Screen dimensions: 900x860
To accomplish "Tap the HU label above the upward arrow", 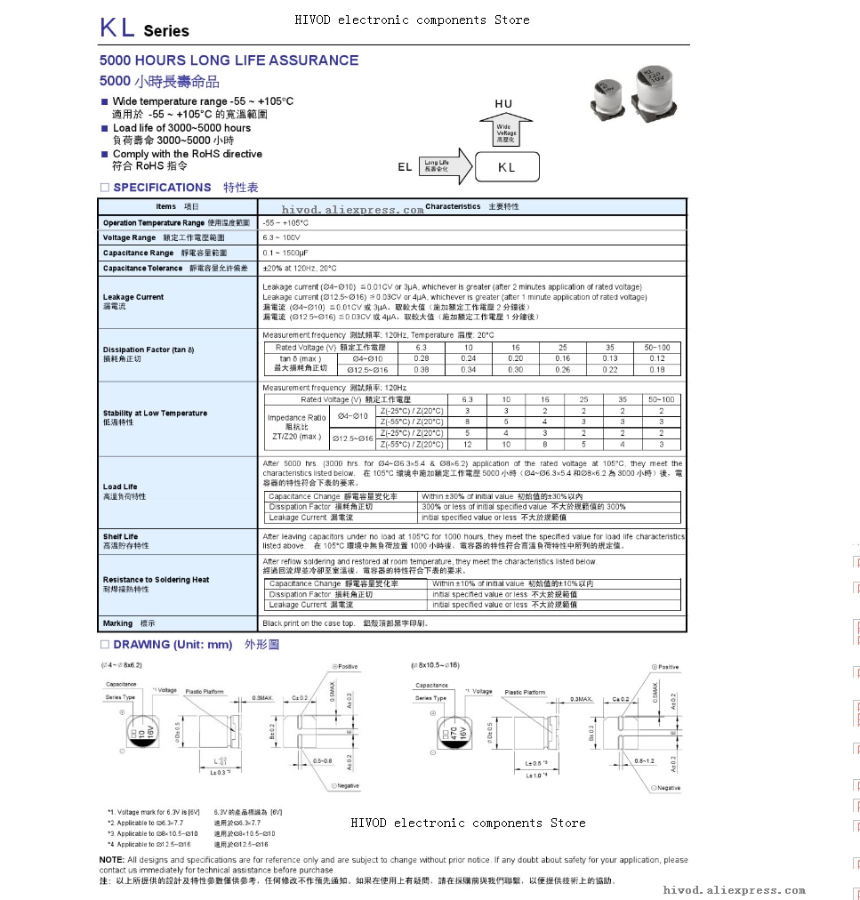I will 503,104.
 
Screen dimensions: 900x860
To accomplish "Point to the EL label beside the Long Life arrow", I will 405,167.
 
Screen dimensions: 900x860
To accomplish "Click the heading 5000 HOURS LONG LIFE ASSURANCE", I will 229,60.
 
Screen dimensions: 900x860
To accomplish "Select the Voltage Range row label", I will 130,238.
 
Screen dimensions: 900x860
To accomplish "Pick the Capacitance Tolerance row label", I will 142,268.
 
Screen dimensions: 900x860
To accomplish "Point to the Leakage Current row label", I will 133,297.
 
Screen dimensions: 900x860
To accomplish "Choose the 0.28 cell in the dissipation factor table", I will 422,358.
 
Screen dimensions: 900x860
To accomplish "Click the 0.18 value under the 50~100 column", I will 657,370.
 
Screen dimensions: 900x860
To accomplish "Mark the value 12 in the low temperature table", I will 467,445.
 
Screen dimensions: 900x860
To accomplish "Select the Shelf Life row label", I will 121,537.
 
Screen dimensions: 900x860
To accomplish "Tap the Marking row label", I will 118,623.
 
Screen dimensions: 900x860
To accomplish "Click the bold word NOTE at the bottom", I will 112,860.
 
